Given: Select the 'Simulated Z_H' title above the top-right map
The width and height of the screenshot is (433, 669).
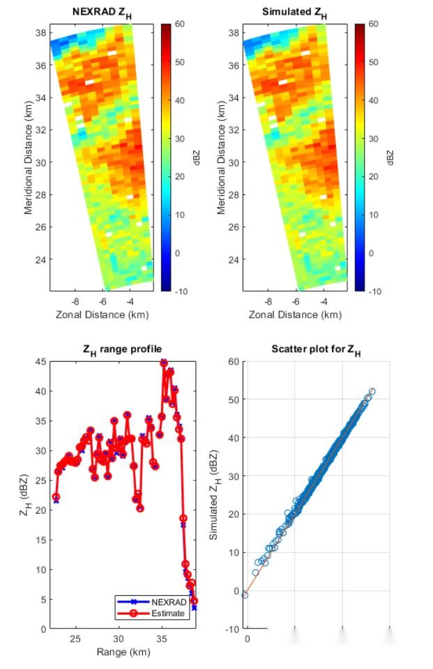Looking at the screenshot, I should click(294, 13).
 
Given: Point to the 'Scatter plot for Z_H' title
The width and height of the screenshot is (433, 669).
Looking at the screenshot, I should click(316, 350).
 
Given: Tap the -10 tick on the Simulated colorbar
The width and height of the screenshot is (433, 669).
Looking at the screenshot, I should click(374, 291).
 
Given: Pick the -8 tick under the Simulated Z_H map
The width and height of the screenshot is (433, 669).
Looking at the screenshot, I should click(268, 302).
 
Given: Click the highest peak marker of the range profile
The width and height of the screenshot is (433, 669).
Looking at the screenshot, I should click(164, 362).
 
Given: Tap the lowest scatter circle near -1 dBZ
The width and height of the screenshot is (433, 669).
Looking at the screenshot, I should click(245, 594).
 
